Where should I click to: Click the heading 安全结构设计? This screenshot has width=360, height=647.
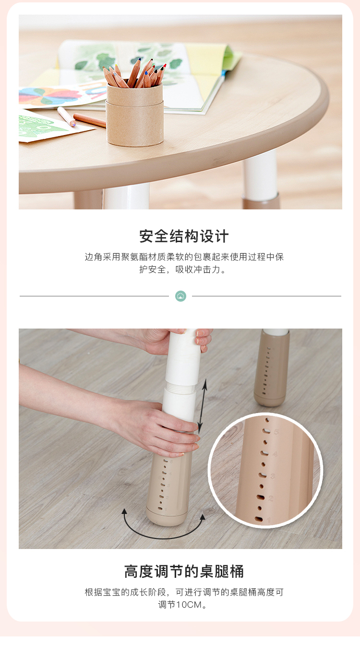pyautogui.click(x=184, y=236)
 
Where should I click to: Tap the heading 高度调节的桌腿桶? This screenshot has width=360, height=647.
pyautogui.click(x=184, y=571)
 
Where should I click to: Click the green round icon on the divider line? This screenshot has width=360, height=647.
pyautogui.click(x=181, y=296)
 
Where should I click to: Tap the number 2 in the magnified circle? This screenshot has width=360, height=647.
pyautogui.click(x=271, y=498)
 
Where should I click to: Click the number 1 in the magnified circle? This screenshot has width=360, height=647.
pyautogui.click(x=268, y=520)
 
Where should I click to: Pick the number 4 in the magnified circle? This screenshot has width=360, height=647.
pyautogui.click(x=275, y=454)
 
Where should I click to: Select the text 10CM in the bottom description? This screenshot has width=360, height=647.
pyautogui.click(x=189, y=605)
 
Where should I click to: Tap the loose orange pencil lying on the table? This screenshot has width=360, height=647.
pyautogui.click(x=89, y=120)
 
